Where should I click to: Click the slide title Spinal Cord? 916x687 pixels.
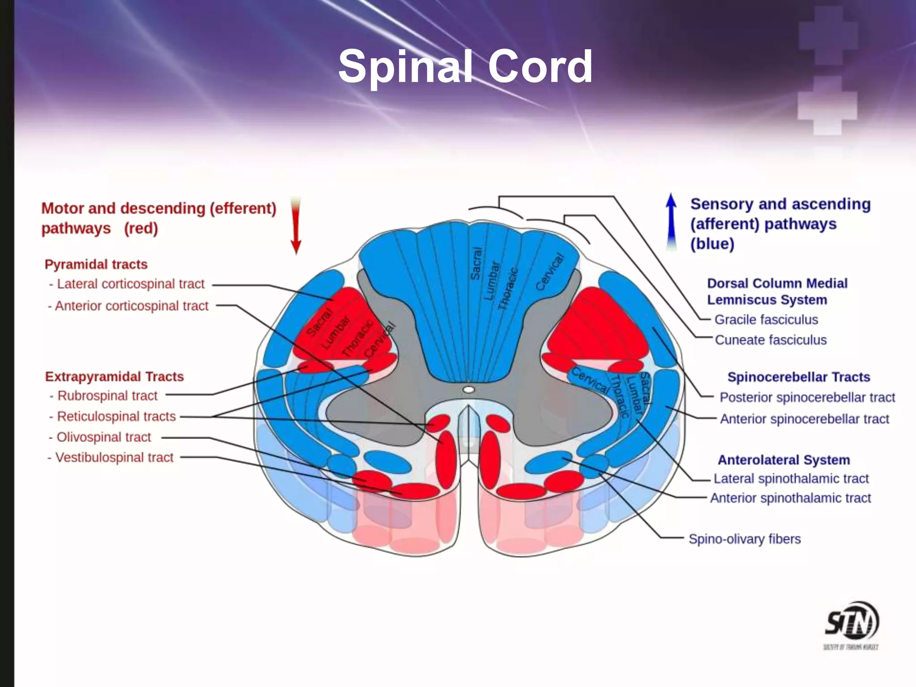point(465,67)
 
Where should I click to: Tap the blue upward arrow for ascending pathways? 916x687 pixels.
point(671,221)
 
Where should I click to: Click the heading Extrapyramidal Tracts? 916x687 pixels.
point(114,377)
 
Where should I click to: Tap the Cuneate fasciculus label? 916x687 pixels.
point(770,340)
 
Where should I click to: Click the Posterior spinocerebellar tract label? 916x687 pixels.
point(807,397)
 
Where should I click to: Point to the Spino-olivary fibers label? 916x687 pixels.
point(744,539)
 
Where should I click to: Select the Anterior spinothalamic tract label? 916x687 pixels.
point(790,498)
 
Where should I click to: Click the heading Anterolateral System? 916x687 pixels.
point(784,460)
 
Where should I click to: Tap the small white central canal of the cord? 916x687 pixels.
point(468,390)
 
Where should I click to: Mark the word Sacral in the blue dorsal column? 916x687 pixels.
point(476,264)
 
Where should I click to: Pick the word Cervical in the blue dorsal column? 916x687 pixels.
point(550,272)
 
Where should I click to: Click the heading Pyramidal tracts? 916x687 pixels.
point(96,264)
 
